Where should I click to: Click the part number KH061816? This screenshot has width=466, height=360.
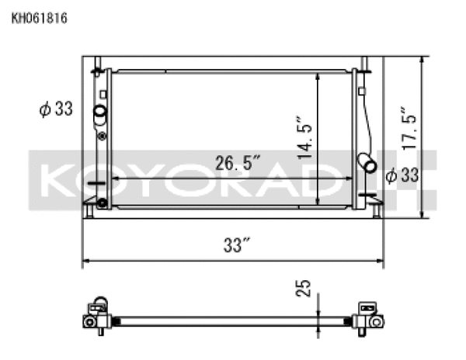click(39, 16)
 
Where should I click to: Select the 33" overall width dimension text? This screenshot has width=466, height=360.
click(234, 246)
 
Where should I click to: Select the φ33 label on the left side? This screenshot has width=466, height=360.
click(56, 109)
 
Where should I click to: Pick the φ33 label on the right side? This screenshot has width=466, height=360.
click(402, 176)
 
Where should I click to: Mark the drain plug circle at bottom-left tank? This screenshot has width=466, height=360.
click(101, 204)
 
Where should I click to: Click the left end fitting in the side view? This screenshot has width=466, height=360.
click(95, 317)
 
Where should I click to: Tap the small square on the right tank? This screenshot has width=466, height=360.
click(363, 91)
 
